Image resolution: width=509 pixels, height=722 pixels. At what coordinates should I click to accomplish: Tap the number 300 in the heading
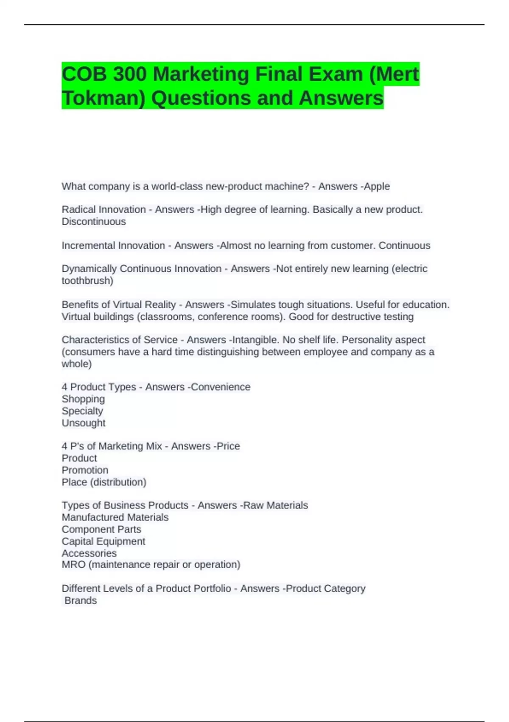130,74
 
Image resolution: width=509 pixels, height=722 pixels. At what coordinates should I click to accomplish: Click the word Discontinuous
94,222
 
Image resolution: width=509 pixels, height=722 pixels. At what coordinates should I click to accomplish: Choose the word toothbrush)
87,281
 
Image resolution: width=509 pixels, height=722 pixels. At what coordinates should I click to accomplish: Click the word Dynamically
89,269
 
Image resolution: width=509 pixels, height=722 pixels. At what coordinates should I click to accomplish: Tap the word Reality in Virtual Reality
160,305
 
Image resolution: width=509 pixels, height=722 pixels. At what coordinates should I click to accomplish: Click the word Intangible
252,340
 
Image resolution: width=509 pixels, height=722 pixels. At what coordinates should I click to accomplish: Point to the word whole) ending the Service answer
76,364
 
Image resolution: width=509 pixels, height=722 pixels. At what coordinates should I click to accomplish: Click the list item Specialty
82,411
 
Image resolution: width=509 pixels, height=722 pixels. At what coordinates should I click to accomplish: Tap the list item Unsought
84,423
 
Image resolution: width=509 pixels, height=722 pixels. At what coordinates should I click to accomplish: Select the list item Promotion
85,470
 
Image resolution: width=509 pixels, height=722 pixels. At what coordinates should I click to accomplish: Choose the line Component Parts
101,529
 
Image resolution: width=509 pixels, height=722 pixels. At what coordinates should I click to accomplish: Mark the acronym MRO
73,564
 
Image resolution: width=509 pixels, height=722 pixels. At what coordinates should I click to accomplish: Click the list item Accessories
89,553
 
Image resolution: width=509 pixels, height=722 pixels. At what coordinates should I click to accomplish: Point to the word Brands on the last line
81,601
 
